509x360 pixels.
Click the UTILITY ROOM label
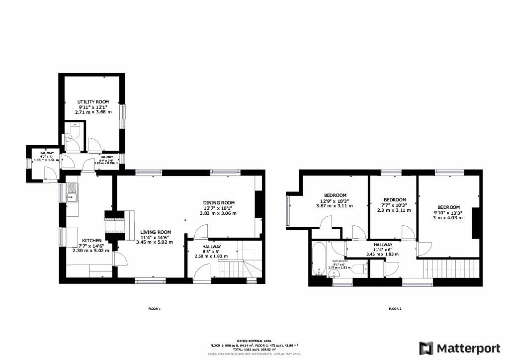[x=93, y=101]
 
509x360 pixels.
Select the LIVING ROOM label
[x=155, y=232]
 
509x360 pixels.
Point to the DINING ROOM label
[x=218, y=202]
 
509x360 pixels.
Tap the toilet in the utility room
[x=75, y=130]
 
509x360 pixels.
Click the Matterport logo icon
[x=426, y=348]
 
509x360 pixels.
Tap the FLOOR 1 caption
[x=155, y=309]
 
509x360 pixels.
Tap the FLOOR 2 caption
[x=395, y=309]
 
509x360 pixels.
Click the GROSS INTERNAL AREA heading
[x=254, y=341]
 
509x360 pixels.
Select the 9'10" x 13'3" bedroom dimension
[x=449, y=213]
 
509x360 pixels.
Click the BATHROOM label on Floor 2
[x=340, y=261]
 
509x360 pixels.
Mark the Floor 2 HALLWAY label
[x=383, y=245]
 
